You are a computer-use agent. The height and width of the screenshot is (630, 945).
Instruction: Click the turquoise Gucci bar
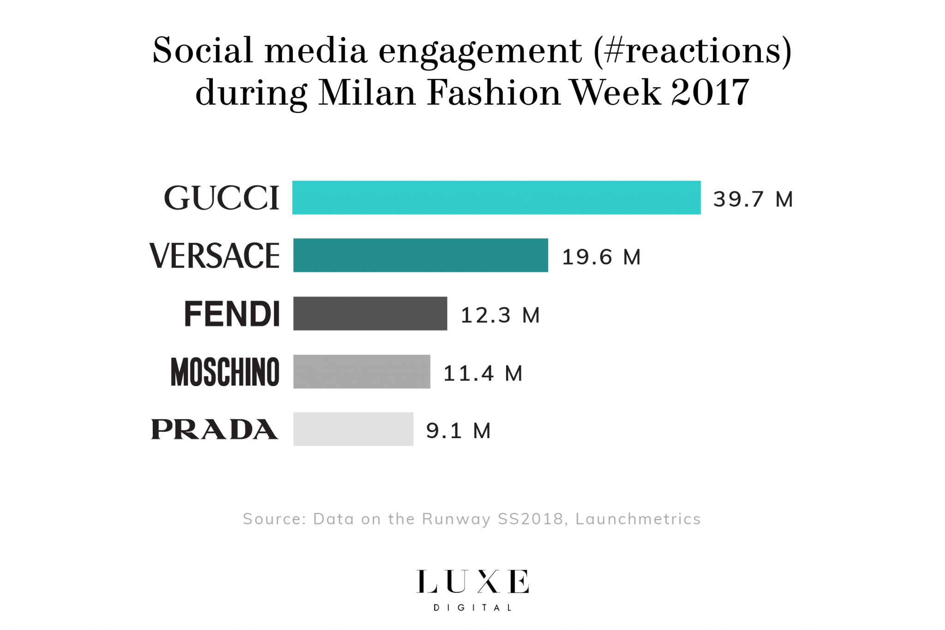[x=496, y=198]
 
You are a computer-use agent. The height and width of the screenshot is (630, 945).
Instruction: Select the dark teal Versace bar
[x=420, y=256]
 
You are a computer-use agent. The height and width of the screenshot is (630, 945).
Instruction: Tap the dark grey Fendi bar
[x=370, y=314]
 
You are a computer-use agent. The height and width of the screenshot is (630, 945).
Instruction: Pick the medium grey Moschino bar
[x=362, y=372]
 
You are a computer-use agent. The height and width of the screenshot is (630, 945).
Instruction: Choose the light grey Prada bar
[x=353, y=429]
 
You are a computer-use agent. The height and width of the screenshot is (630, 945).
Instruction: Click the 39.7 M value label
[x=753, y=199]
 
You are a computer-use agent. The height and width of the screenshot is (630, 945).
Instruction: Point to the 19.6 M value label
[x=601, y=257]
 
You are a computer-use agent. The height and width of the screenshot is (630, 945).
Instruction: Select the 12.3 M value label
[x=500, y=315]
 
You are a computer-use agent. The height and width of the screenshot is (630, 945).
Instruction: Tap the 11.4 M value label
[x=483, y=374]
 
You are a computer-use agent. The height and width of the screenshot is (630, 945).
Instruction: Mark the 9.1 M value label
[x=458, y=431]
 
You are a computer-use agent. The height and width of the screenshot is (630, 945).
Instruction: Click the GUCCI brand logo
[x=222, y=198]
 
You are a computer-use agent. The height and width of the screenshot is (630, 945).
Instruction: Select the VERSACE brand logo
[x=215, y=256]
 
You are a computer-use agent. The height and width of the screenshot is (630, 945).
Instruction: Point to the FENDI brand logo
[x=232, y=314]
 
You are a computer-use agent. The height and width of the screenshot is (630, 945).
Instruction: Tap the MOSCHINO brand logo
[x=225, y=372]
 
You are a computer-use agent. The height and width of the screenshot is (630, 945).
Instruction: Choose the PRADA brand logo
[x=215, y=429]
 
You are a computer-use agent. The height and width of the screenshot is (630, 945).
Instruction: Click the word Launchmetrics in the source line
[x=638, y=519]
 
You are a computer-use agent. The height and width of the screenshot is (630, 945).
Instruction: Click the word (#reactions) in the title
[x=692, y=51]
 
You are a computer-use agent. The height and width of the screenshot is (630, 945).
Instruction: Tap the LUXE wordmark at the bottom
[x=472, y=582]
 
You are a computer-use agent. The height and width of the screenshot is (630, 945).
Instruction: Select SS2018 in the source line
[x=530, y=519]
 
